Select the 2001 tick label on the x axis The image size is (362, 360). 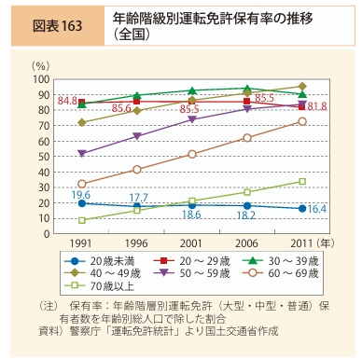pos(192,241)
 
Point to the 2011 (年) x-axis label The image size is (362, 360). pos(307,241)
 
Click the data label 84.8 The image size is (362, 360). pos(67,100)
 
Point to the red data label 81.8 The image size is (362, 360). pos(319,108)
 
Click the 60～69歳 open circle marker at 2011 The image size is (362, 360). pos(301,121)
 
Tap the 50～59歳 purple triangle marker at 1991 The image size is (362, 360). pos(82,153)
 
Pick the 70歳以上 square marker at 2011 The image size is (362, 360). pos(301,181)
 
